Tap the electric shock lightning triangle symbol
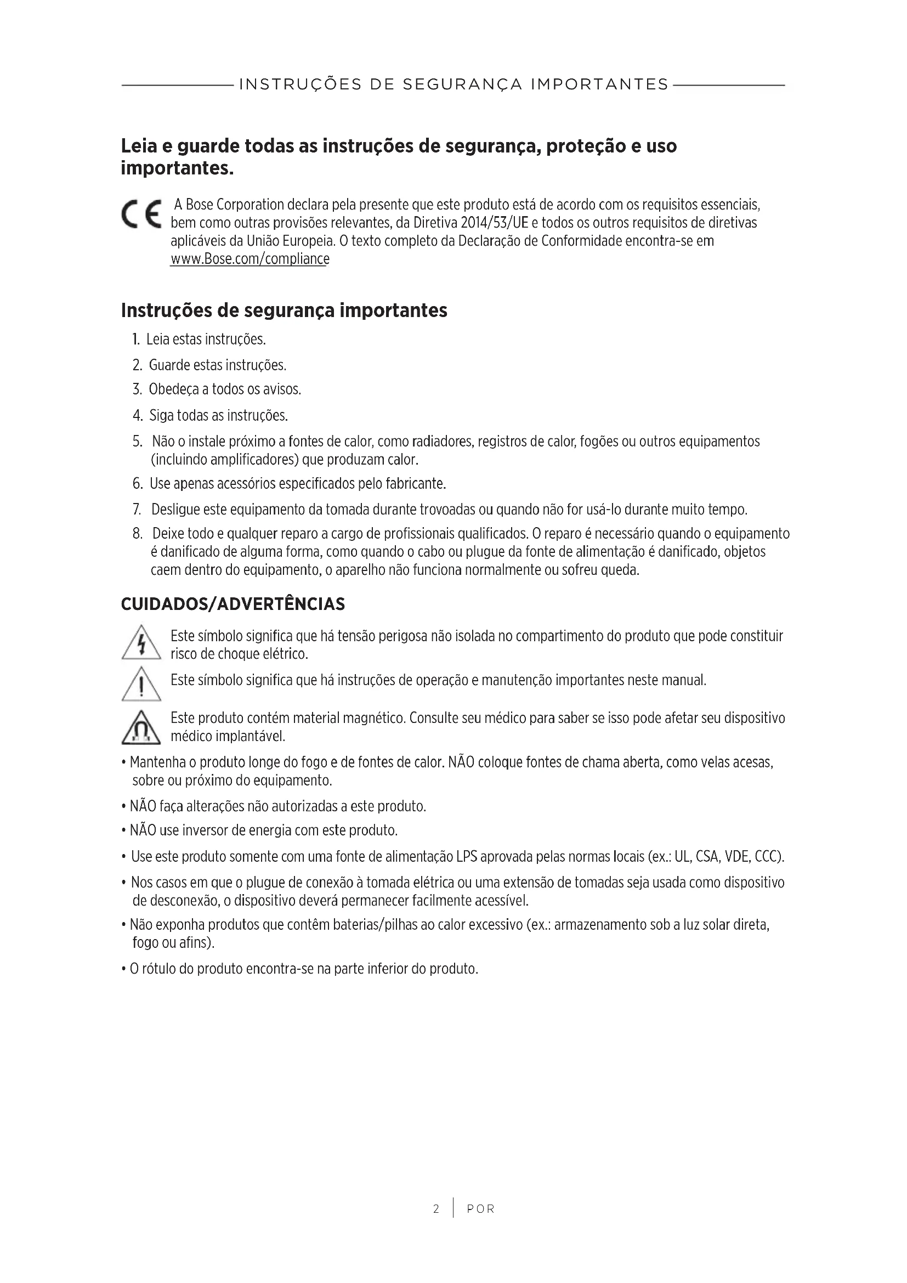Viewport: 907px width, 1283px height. point(141,643)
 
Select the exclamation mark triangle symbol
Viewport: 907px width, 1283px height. point(141,684)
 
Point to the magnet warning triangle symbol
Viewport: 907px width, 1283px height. point(141,727)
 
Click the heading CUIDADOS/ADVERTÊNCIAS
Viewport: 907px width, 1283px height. point(233,604)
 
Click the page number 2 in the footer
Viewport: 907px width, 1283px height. point(436,1209)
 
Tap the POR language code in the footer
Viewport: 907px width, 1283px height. point(481,1209)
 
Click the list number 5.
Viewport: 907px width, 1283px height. point(138,442)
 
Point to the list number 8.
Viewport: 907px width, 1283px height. point(138,534)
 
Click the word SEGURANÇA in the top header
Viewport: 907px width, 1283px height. point(462,84)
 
